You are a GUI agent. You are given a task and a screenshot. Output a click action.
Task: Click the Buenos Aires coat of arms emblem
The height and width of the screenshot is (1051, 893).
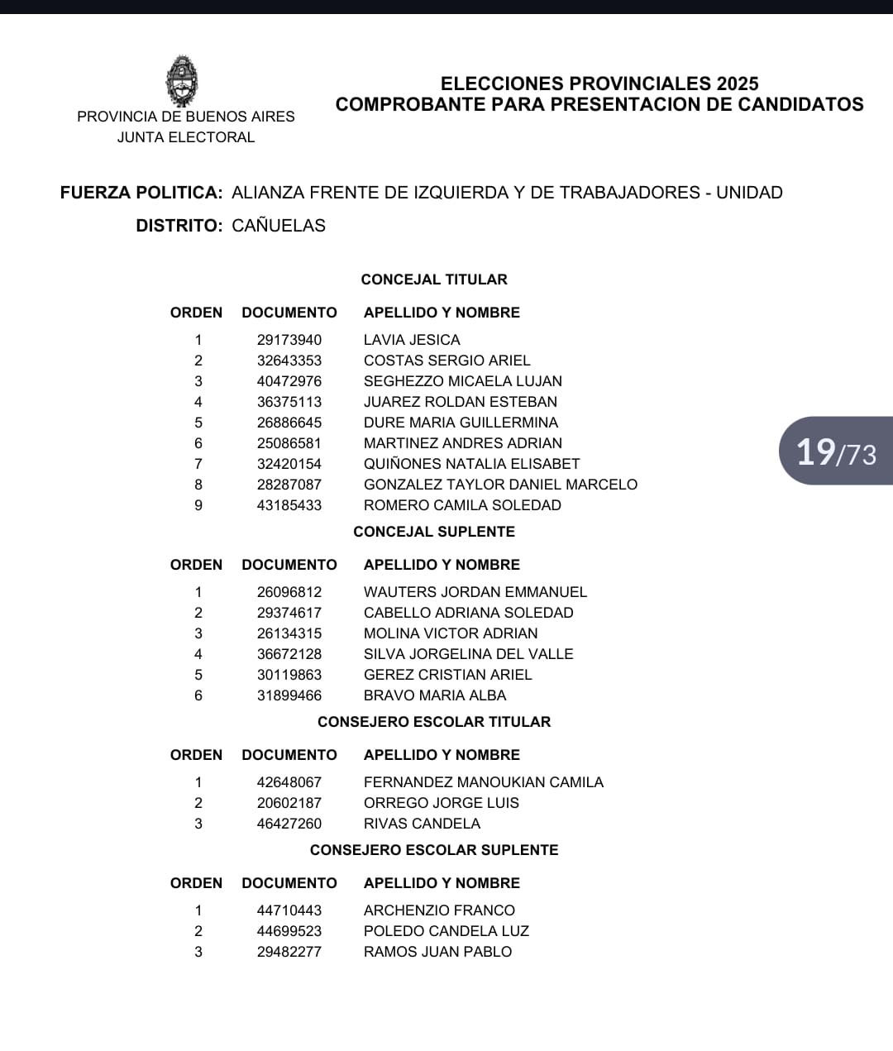(x=182, y=80)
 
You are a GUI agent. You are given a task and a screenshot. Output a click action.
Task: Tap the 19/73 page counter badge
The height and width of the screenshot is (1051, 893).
(x=836, y=451)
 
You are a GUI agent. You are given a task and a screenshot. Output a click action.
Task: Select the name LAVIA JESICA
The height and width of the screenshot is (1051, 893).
(x=412, y=340)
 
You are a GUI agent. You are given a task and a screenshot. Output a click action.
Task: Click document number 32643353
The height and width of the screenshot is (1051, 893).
(x=289, y=361)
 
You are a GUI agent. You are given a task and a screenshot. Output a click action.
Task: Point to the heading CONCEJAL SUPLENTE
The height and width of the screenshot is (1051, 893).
(x=434, y=532)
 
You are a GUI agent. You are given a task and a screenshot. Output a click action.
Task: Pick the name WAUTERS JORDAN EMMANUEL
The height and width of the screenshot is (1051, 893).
(x=475, y=592)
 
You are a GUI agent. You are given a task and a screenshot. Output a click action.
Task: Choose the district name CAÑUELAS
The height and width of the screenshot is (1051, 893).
(x=279, y=226)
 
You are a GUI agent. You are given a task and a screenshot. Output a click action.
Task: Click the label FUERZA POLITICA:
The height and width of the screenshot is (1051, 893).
(x=141, y=193)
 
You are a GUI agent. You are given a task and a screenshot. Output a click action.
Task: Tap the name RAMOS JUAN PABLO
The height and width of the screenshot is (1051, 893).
(x=437, y=952)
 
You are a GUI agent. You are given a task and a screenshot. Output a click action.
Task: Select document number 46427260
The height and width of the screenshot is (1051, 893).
(x=289, y=824)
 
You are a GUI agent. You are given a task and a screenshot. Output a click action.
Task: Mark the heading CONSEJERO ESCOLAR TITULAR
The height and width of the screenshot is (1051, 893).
(x=434, y=722)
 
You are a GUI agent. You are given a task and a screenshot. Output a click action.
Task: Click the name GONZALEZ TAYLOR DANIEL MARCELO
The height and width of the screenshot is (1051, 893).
(x=500, y=485)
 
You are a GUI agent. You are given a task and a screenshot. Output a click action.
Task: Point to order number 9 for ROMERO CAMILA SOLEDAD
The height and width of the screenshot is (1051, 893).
(x=198, y=505)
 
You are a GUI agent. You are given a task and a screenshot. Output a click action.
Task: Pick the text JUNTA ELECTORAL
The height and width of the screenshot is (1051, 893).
(x=186, y=137)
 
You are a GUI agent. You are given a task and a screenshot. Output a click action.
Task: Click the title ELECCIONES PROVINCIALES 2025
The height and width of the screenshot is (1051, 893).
(x=599, y=84)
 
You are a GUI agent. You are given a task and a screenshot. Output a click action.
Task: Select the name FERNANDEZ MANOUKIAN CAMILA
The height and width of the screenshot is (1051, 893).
(x=484, y=782)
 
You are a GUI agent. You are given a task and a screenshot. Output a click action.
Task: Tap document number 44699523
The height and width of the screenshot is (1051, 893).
(x=289, y=931)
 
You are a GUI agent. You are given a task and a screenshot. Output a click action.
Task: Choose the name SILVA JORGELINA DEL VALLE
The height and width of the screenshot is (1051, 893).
(x=468, y=654)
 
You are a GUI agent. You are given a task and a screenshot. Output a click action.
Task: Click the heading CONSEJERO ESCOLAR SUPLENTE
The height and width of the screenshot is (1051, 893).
(x=434, y=850)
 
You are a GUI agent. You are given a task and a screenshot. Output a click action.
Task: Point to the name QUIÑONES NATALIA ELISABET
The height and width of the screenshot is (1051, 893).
(x=471, y=464)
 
